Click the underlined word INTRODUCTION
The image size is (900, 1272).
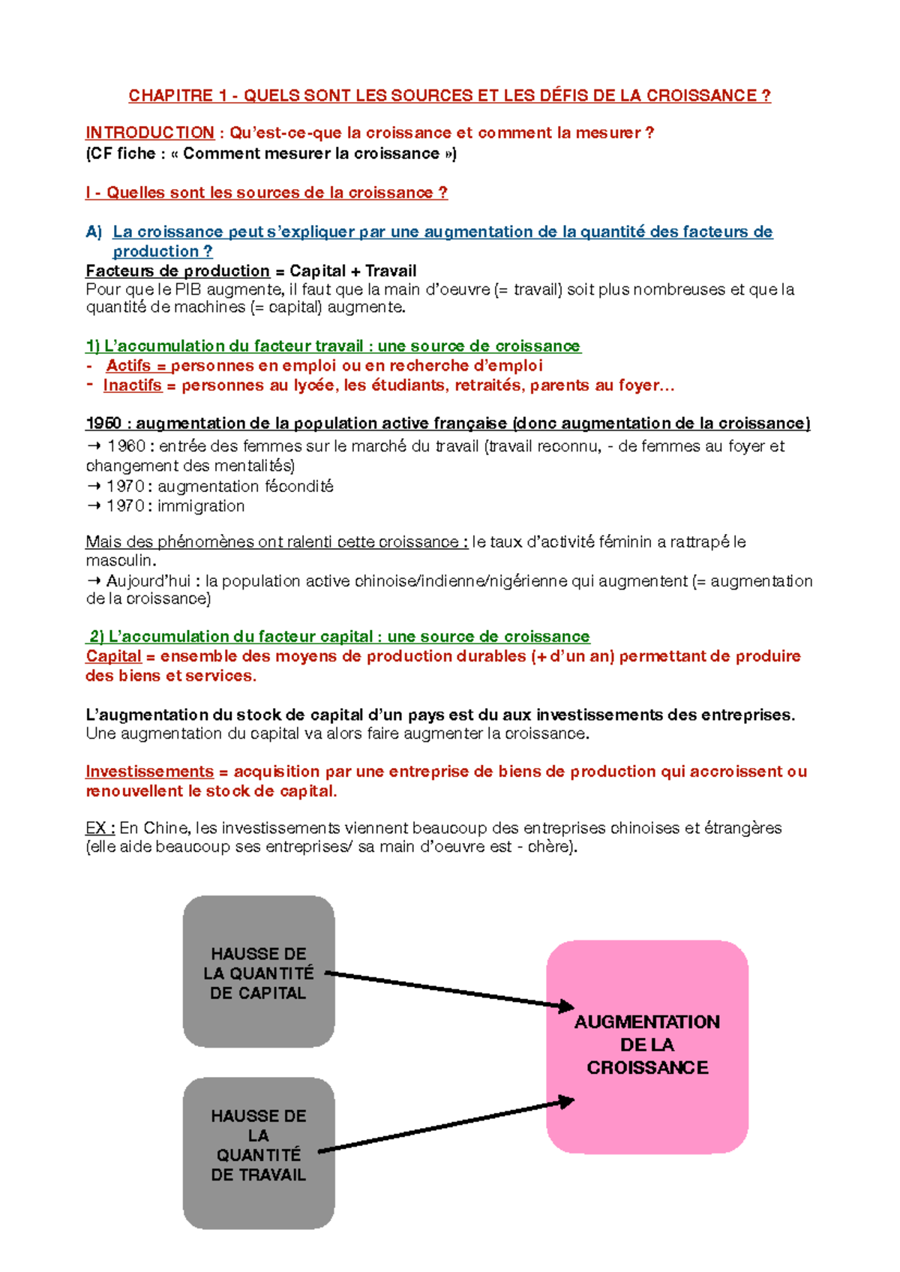point(150,133)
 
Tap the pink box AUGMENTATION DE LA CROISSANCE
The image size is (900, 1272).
point(647,1046)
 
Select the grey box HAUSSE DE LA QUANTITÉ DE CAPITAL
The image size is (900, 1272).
point(259,971)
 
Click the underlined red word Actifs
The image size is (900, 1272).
point(128,366)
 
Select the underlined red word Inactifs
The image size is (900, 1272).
point(132,385)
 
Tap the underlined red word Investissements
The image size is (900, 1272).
point(150,772)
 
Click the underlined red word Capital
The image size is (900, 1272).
point(113,656)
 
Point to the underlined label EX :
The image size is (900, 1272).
point(100,828)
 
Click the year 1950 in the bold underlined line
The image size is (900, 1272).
point(103,424)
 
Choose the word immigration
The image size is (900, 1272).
point(201,506)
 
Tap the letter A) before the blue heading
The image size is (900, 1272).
point(94,232)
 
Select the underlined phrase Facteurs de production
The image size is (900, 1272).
point(178,271)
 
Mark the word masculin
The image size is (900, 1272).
point(120,560)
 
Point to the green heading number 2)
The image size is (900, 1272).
point(97,637)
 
